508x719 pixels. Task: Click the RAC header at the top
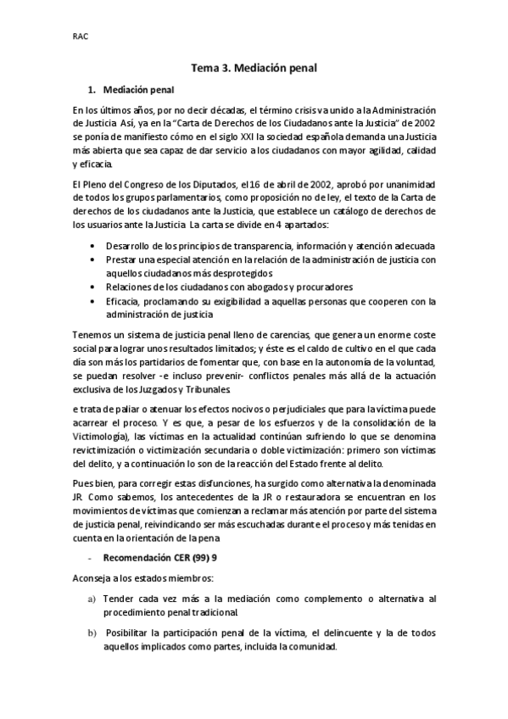pyautogui.click(x=81, y=36)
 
